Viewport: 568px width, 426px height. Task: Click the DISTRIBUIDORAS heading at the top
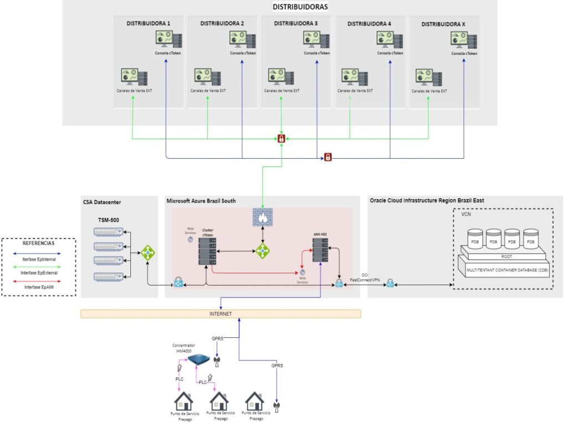(x=300, y=7)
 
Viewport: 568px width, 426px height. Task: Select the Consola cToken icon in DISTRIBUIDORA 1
(x=169, y=40)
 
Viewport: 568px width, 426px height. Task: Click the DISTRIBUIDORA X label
(x=444, y=24)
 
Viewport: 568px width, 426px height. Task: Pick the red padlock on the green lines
(x=282, y=138)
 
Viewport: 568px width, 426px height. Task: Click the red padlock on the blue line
(x=328, y=158)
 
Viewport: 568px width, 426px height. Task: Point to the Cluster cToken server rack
(x=207, y=250)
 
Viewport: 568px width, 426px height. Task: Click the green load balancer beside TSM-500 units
(x=148, y=253)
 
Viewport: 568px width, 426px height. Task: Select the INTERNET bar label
(x=221, y=314)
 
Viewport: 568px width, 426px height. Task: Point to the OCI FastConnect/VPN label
(x=364, y=278)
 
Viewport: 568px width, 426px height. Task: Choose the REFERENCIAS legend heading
(x=38, y=243)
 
